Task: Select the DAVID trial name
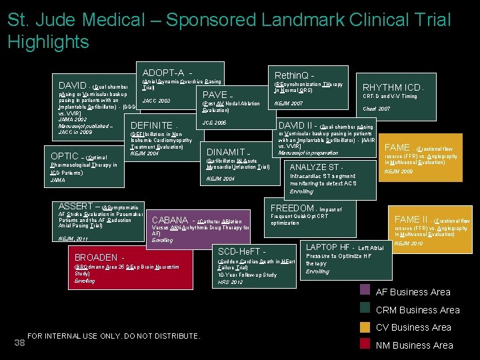tap(72, 86)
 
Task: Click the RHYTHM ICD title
tap(391, 87)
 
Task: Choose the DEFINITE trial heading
tap(153, 125)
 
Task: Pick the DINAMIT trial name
tap(228, 152)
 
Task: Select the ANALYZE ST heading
tap(317, 167)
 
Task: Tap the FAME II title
tap(411, 219)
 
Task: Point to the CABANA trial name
tap(170, 220)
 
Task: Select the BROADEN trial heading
tap(97, 257)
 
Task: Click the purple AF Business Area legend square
tap(365, 290)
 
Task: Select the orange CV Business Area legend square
tap(365, 327)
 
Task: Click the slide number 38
tap(19, 343)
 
